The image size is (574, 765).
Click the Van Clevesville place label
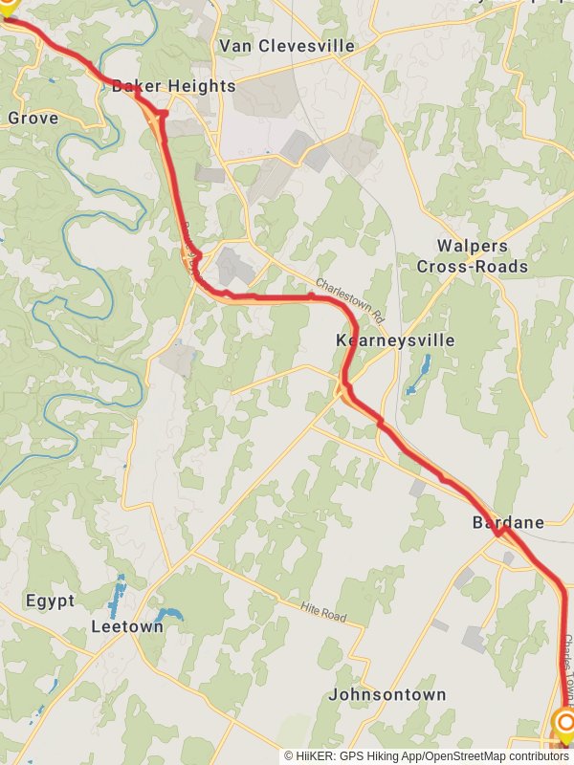[x=286, y=46]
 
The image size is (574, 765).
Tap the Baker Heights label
[x=173, y=86]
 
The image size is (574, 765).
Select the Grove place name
[x=33, y=119]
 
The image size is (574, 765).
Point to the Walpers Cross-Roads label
[x=473, y=256]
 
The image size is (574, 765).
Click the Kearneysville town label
[x=395, y=340]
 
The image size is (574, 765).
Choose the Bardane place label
[x=508, y=522]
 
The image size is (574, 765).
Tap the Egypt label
[x=50, y=601]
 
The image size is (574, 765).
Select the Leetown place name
[x=126, y=627]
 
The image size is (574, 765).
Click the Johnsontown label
[x=386, y=694]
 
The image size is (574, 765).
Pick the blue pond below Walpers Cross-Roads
[x=419, y=375]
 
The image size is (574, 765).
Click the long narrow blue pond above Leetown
[x=119, y=595]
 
